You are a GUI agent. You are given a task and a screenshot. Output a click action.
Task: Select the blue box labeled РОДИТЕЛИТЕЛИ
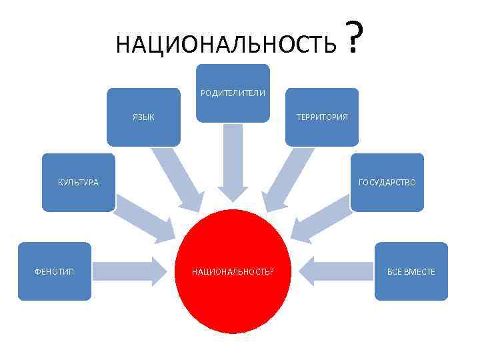coord(233,93)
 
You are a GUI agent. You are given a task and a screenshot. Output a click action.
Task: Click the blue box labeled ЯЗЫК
coord(143,117)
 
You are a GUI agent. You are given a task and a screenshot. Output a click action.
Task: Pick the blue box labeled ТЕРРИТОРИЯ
coord(322,117)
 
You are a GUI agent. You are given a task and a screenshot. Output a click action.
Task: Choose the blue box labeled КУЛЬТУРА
coord(78,183)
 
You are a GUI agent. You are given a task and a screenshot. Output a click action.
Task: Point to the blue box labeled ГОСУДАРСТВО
coord(387,183)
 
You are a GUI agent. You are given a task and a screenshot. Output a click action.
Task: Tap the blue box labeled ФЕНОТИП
coord(54,272)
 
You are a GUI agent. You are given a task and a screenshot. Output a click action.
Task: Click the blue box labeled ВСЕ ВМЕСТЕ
coord(411,272)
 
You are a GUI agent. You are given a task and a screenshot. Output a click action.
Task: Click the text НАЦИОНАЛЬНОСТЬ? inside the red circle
coord(233,272)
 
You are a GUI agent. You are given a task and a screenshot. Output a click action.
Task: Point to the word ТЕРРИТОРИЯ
coord(322,117)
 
